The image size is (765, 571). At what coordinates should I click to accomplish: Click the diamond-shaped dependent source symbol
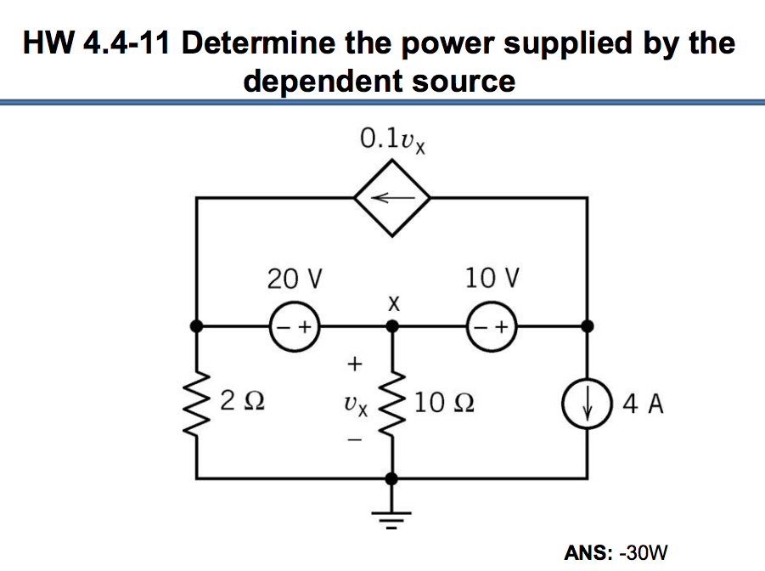[x=391, y=197]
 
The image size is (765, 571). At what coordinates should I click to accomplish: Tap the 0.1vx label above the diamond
[x=392, y=139]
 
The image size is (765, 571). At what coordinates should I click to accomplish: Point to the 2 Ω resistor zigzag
[x=198, y=399]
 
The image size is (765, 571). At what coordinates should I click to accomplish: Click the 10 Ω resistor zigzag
[x=391, y=400]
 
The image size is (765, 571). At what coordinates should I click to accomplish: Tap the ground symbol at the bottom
[x=391, y=513]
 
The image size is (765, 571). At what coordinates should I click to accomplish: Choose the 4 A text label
[x=643, y=402]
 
